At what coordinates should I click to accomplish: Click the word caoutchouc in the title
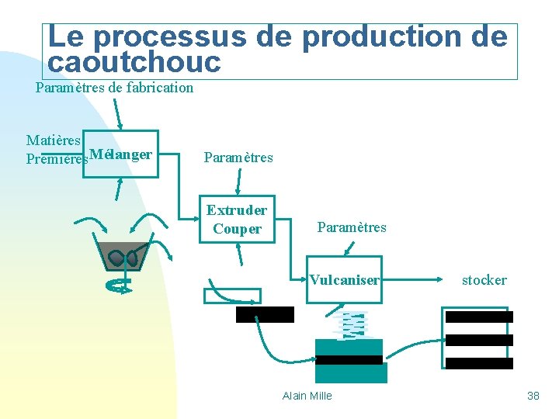pos(134,62)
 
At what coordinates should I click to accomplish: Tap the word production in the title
pos(380,36)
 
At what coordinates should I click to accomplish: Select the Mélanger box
pos(120,154)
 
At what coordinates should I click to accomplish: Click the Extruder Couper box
pos(237,219)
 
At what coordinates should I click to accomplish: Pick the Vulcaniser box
pos(344,279)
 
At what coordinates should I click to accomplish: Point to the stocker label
pos(484,280)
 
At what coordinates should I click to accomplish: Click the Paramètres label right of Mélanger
pos(238,158)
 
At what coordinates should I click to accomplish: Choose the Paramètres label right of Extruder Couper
pos(352,227)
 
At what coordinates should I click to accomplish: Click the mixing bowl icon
pos(123,256)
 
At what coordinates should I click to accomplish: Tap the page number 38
pos(533,396)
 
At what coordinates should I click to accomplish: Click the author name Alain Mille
pos(307,396)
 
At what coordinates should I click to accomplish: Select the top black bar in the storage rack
pos(479,317)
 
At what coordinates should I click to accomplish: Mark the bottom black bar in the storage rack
pos(479,363)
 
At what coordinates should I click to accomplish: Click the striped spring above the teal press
pos(352,325)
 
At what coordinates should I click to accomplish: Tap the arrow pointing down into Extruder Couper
pos(241,183)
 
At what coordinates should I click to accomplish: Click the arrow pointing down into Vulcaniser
pos(350,248)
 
